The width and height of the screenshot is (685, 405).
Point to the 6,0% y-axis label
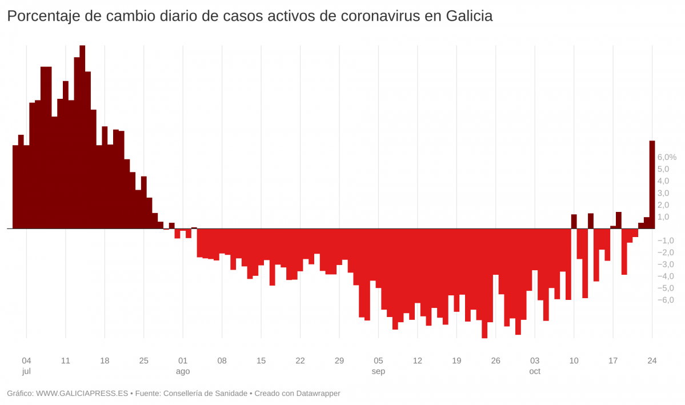point(667,157)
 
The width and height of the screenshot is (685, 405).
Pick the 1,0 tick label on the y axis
point(663,217)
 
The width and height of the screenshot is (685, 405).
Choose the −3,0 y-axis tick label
point(666,264)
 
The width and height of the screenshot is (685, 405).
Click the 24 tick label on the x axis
point(652,361)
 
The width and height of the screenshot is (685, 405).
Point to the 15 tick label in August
point(261,361)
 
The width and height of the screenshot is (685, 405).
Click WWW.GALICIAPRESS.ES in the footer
point(82,394)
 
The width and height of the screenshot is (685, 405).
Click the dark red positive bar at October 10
point(574,222)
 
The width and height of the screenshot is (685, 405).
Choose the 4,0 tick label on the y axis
point(663,181)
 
